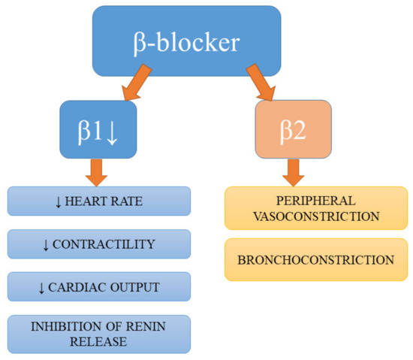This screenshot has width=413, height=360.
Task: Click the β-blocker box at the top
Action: (187, 42)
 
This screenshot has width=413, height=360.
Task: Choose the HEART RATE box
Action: (98, 201)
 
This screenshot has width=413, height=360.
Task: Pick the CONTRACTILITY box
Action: (98, 244)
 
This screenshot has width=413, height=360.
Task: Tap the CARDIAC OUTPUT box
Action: (98, 287)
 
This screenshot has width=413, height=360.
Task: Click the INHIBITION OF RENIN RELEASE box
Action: (98, 334)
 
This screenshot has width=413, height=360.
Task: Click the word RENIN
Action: (143, 327)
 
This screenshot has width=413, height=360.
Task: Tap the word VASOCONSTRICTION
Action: (314, 216)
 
